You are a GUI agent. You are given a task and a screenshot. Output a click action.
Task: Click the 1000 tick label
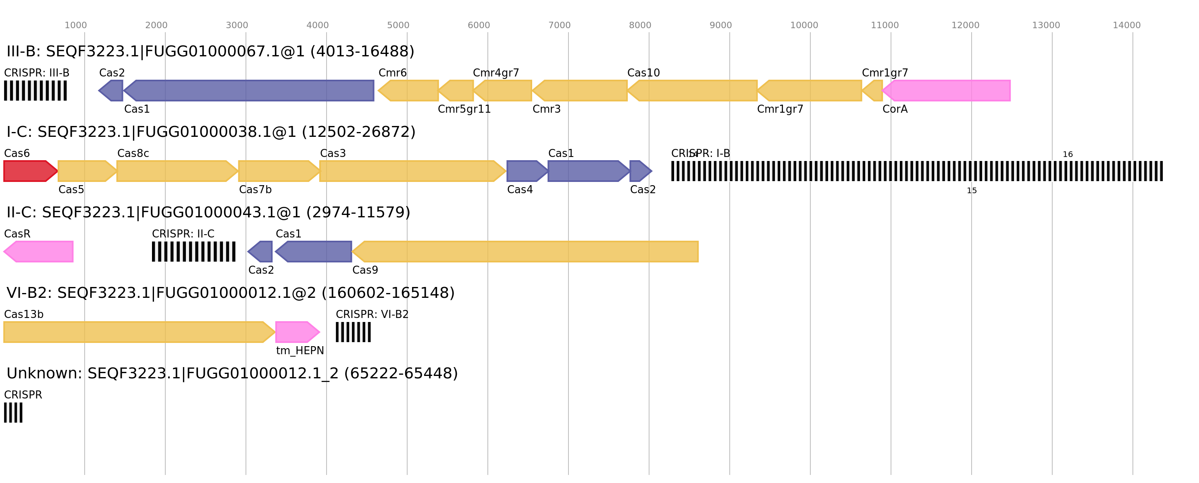75,25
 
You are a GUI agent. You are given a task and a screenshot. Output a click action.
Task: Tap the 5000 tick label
398,25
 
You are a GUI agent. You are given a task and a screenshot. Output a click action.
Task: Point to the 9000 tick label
720,25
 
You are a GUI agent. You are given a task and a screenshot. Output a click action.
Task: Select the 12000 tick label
965,25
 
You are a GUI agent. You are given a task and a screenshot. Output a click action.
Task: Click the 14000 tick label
1126,25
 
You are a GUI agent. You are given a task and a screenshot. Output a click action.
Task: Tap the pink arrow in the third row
39,252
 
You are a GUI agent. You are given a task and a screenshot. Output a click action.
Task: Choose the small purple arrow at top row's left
112,91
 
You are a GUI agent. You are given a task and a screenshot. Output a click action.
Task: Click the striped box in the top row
35,91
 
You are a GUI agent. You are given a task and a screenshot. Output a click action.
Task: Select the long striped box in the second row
917,171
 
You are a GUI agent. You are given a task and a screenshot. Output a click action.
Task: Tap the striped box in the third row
194,252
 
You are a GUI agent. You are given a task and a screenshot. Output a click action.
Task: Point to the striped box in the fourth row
353,332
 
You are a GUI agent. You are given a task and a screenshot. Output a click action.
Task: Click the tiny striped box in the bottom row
13,412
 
